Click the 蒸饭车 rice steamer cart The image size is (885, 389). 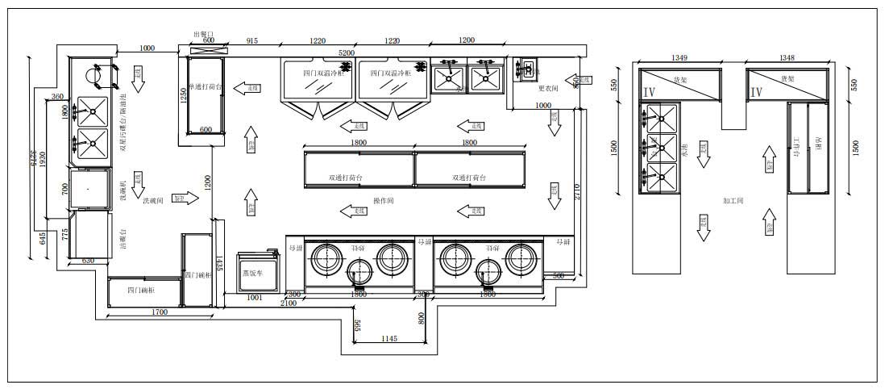(x=256, y=273)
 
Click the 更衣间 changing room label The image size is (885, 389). (x=548, y=88)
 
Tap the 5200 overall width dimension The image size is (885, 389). (x=346, y=52)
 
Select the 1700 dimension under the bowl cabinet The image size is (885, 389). (x=159, y=311)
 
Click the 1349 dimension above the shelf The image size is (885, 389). (x=679, y=57)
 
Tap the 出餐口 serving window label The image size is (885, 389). (x=204, y=34)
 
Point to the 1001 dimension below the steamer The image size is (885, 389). (x=254, y=298)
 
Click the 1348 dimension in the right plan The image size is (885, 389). (x=787, y=57)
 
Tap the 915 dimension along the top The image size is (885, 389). (x=252, y=40)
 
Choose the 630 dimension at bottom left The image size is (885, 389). (x=89, y=261)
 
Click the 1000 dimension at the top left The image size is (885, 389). (x=146, y=48)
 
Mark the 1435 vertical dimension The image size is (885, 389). (x=218, y=262)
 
